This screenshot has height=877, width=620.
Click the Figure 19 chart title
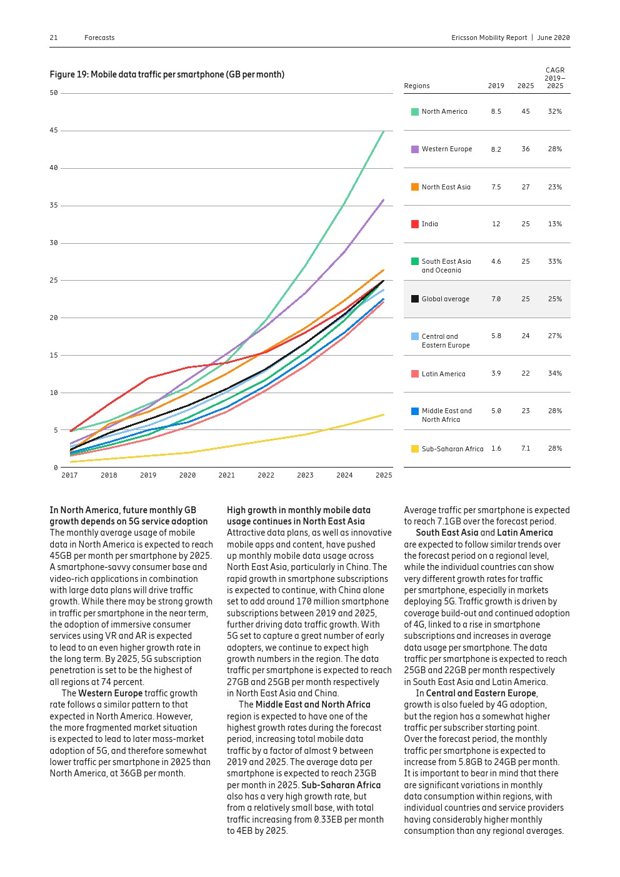click(x=167, y=74)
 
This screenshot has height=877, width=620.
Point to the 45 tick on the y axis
click(x=54, y=131)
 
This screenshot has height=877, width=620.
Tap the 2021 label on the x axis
click(x=226, y=476)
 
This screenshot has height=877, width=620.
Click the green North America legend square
click(x=415, y=112)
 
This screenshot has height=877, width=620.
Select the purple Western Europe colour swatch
click(x=415, y=149)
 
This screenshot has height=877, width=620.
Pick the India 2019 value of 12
click(x=496, y=224)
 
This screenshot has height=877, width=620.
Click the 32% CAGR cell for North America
click(x=554, y=111)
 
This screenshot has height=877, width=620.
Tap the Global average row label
click(x=445, y=299)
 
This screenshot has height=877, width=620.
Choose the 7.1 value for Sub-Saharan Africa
click(x=525, y=448)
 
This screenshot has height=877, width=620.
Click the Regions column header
click(x=417, y=86)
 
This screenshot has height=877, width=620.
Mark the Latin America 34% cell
click(x=554, y=373)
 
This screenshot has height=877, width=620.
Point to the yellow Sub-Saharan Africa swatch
click(x=415, y=449)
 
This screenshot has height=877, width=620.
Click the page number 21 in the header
click(x=54, y=38)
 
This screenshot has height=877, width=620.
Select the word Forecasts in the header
click(x=99, y=38)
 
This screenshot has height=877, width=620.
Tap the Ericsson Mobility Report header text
click(x=489, y=38)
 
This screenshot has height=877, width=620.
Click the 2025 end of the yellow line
click(x=383, y=414)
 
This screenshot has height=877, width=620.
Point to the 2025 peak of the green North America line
click(x=383, y=131)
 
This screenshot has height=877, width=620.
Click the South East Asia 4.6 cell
click(x=496, y=261)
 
